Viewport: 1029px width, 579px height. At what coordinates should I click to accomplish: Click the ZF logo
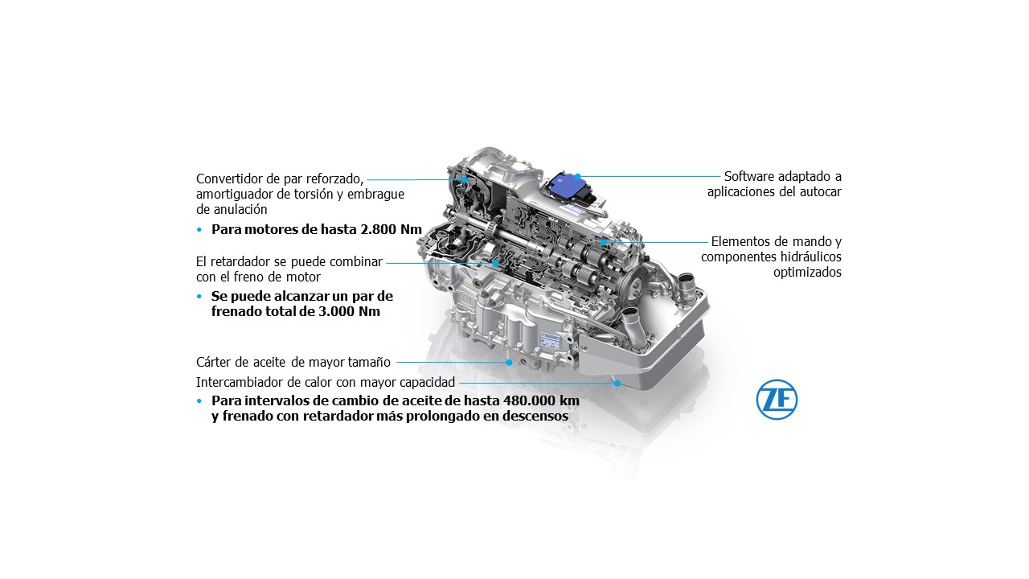coord(777,400)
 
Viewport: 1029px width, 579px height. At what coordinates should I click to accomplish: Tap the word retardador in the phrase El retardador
coord(244,262)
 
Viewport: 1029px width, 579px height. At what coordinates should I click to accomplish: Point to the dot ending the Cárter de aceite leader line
coord(509,363)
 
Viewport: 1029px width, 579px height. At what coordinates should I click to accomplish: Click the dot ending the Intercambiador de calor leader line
coord(617,383)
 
